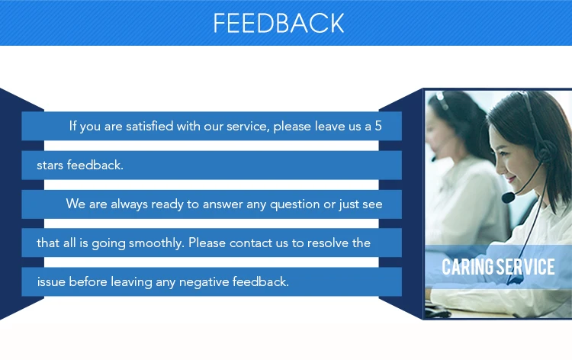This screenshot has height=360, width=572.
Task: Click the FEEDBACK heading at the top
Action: tap(278, 23)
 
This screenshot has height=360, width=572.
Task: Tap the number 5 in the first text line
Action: tap(378, 126)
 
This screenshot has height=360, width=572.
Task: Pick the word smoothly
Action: tap(156, 243)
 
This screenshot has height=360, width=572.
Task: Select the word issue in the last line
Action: tap(51, 282)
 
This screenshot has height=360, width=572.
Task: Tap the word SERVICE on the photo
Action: tap(526, 267)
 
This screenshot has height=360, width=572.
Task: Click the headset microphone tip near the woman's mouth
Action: tap(508, 198)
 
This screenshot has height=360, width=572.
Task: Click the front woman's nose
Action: tap(497, 166)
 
